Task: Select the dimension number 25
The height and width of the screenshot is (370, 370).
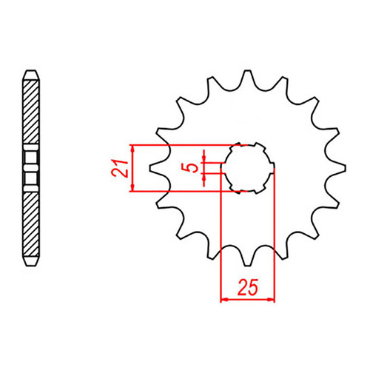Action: click(x=247, y=286)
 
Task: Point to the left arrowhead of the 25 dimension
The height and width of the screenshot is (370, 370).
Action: click(x=224, y=300)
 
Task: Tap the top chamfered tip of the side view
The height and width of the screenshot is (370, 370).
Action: click(x=30, y=73)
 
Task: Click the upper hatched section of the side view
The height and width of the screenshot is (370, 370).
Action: click(x=30, y=111)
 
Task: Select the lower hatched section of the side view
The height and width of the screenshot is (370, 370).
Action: click(x=30, y=222)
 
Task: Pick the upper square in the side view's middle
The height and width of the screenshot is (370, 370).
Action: click(x=30, y=158)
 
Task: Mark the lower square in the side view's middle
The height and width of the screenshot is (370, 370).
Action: click(x=30, y=178)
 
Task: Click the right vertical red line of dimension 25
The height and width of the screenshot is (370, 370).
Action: click(x=275, y=237)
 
